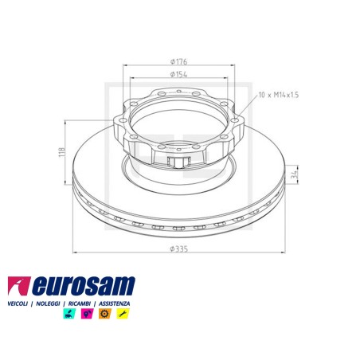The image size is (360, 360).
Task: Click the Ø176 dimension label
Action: pos(178,61)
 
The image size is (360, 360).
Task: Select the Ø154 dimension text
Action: pos(178,74)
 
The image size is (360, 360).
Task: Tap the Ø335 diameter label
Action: pos(179,249)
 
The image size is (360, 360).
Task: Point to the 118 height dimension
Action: pos(62,152)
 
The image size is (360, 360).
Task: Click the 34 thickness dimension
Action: pos(294,174)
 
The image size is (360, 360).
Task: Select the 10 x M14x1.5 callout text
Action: pos(279,95)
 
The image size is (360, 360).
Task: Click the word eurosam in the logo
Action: pos(84,286)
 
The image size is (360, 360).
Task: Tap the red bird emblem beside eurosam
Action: pos(18,286)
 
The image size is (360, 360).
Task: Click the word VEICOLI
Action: pos(18,303)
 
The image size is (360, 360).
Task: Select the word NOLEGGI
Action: pos(48,303)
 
